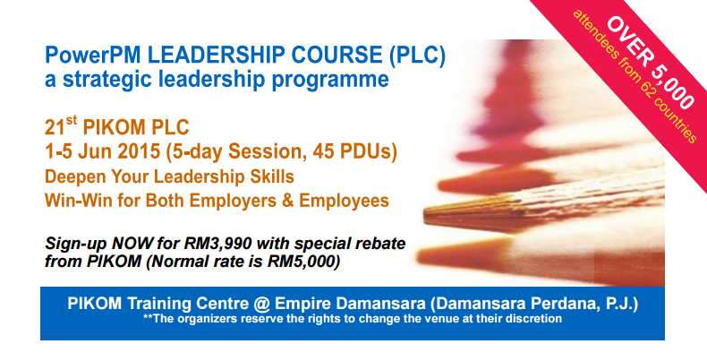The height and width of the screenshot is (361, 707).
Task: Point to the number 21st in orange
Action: (61, 125)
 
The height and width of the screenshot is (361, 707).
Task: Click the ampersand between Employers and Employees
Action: (287, 201)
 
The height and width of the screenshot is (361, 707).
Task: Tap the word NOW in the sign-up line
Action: (132, 244)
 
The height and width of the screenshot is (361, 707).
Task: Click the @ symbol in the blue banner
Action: (261, 304)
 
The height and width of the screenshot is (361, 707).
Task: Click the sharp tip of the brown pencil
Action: (425, 211)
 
